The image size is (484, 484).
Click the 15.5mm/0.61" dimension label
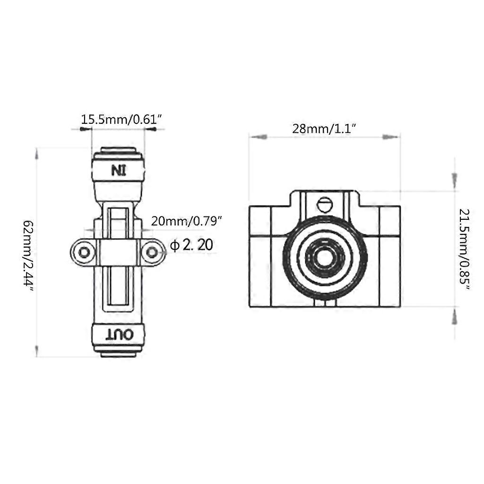[122, 119]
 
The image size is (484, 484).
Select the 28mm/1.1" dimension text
[324, 128]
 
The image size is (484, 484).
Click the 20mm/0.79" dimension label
[186, 221]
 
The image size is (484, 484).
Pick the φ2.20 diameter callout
[191, 245]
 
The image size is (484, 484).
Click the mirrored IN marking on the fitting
[118, 170]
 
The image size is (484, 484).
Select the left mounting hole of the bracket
[84, 253]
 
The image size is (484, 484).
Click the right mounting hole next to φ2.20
[151, 253]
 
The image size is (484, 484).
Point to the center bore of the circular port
[324, 257]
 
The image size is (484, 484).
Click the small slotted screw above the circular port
[324, 204]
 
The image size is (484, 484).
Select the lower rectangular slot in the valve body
[118, 288]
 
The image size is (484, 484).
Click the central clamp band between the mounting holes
[118, 253]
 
